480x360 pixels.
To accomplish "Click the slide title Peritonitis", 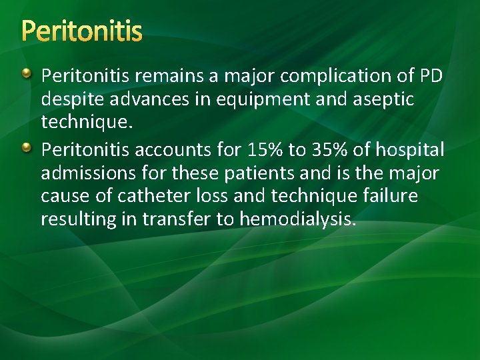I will click(81, 31).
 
